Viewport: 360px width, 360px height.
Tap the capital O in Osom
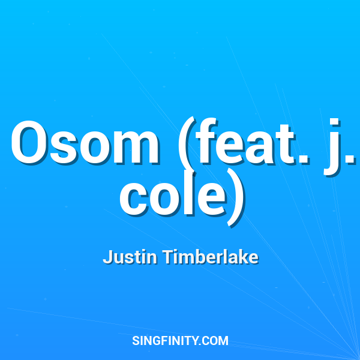pos(32,144)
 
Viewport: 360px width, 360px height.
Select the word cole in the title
pos(174,196)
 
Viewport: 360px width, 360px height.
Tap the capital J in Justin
pos(107,257)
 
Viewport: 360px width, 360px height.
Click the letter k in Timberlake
pos(244,257)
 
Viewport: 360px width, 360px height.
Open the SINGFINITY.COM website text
pos(180,341)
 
